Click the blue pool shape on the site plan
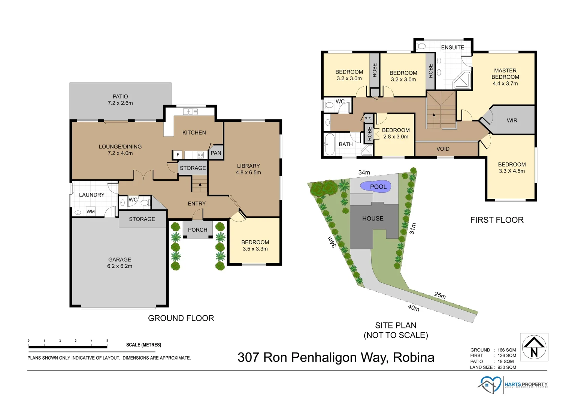(x=375, y=186)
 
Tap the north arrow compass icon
(x=534, y=347)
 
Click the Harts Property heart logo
(x=489, y=385)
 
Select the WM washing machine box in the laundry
(x=91, y=211)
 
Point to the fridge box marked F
(x=178, y=154)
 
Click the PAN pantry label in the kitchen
(x=216, y=153)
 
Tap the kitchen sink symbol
(x=190, y=111)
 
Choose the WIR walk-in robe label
(x=512, y=120)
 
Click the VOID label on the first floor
(x=443, y=149)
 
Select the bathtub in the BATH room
(x=330, y=144)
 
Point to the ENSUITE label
(x=453, y=47)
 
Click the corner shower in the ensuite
(x=461, y=80)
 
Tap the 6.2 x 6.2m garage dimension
(x=119, y=266)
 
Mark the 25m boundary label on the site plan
(x=440, y=295)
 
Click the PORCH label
(x=197, y=230)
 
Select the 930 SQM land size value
(x=506, y=367)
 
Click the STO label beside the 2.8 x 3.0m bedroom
(x=368, y=118)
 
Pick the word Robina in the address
(x=414, y=357)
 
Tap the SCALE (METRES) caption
(x=143, y=345)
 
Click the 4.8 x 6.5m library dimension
(x=248, y=172)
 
